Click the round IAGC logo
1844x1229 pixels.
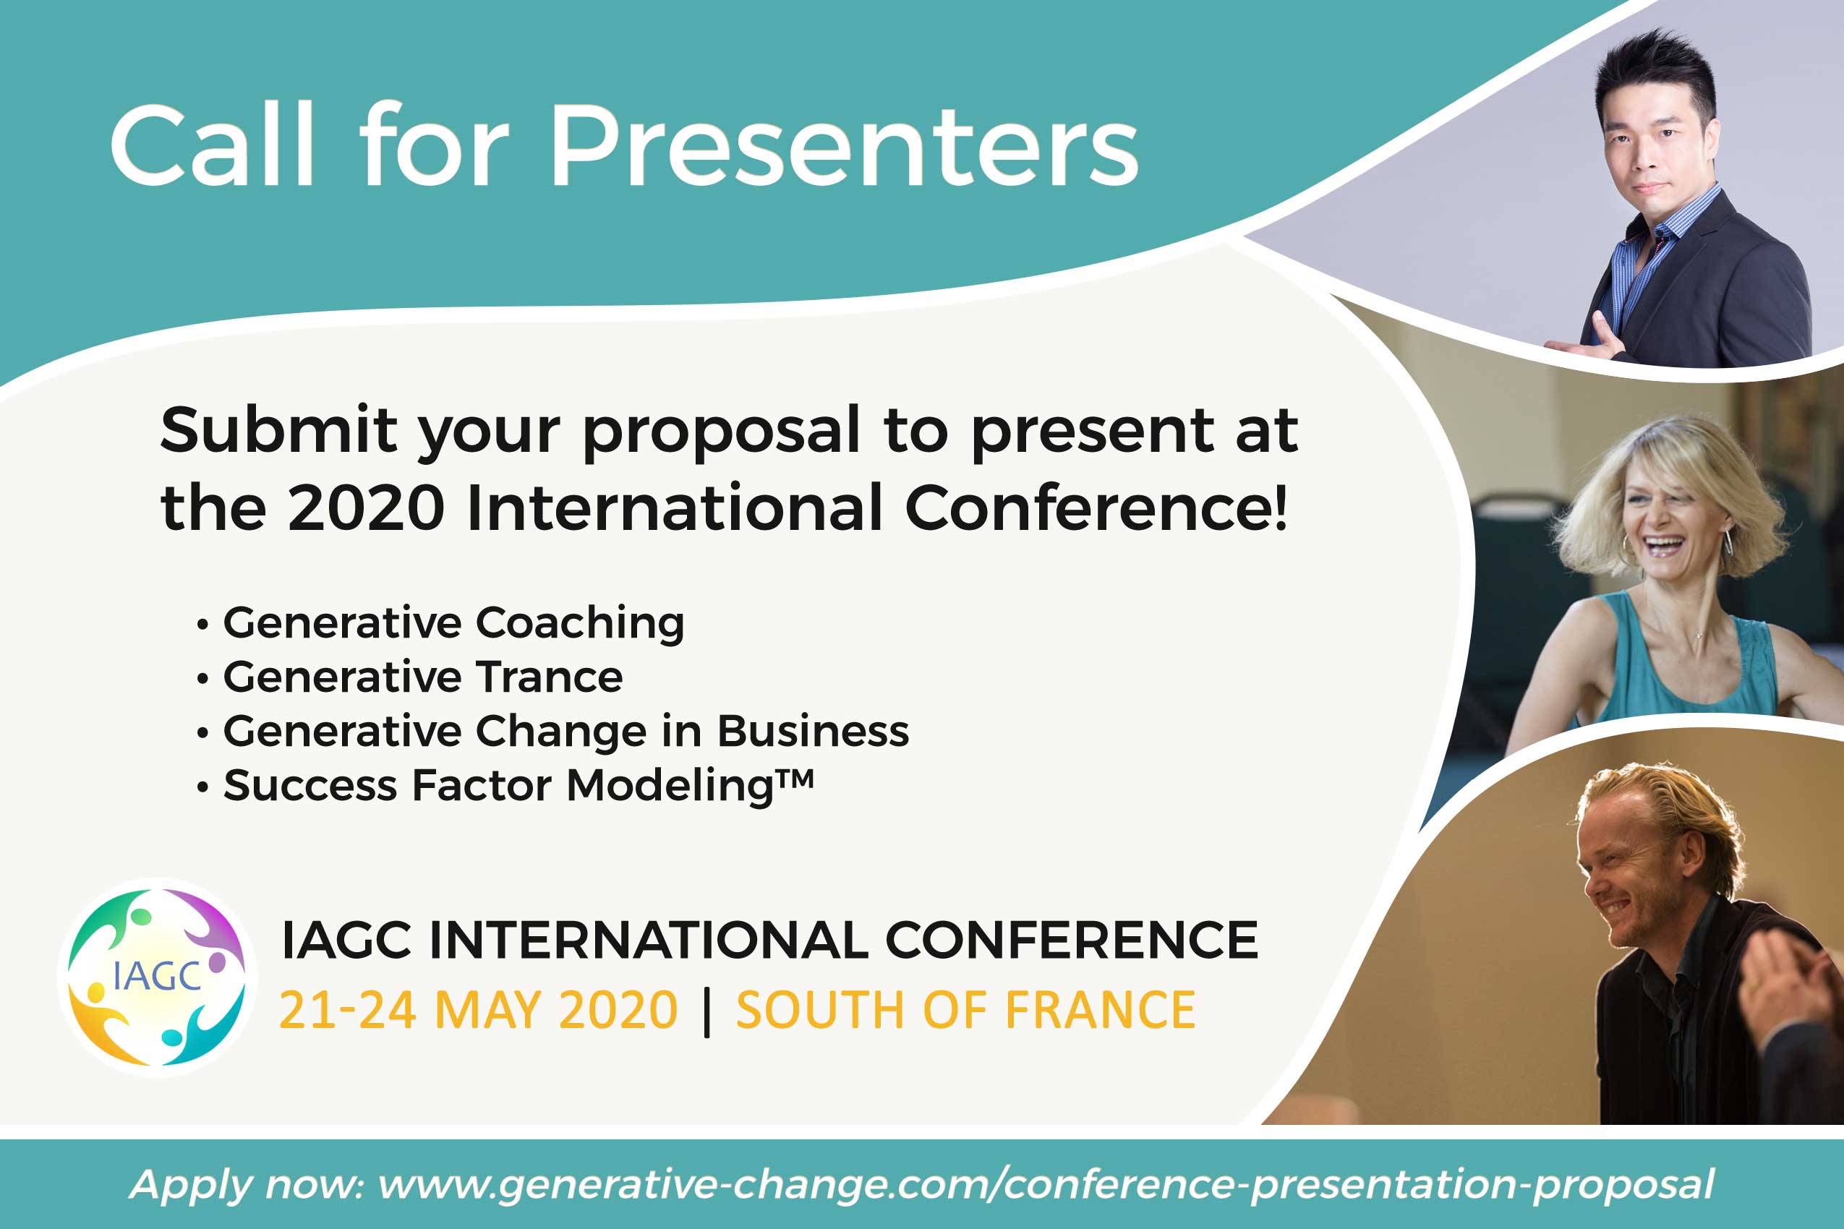tap(157, 977)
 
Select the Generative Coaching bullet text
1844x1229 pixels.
tap(453, 624)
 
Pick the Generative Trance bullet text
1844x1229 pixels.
tap(422, 677)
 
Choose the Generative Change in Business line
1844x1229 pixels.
tap(566, 732)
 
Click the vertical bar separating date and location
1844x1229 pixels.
tap(707, 1012)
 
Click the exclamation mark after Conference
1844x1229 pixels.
tap(1280, 506)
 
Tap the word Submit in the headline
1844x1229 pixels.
tap(278, 429)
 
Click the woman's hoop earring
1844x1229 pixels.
tap(1727, 542)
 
